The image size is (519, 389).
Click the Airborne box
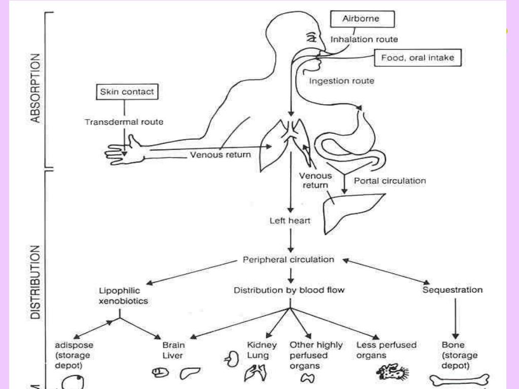[x=362, y=19]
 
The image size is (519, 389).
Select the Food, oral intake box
[x=418, y=58]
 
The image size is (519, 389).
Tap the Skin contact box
[x=127, y=92]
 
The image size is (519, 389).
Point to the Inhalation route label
[x=364, y=40]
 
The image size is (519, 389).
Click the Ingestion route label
[x=342, y=81]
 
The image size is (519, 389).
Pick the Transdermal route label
[x=124, y=122]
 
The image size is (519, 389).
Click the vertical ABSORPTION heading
[x=35, y=88]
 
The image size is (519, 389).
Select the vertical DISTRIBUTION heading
[x=35, y=282]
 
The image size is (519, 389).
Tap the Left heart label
[x=290, y=221]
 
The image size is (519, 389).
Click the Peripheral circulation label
[x=288, y=260]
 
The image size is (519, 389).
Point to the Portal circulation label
[x=390, y=181]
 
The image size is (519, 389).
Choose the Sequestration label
[x=453, y=290]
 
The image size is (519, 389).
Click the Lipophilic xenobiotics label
[x=123, y=296]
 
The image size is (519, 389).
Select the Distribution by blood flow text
[x=289, y=290]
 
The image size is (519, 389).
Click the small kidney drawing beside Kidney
[x=232, y=359]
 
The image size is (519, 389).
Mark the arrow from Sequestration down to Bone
[x=456, y=319]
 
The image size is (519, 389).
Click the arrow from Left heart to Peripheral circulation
[x=290, y=241]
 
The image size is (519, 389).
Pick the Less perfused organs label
[x=386, y=351]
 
